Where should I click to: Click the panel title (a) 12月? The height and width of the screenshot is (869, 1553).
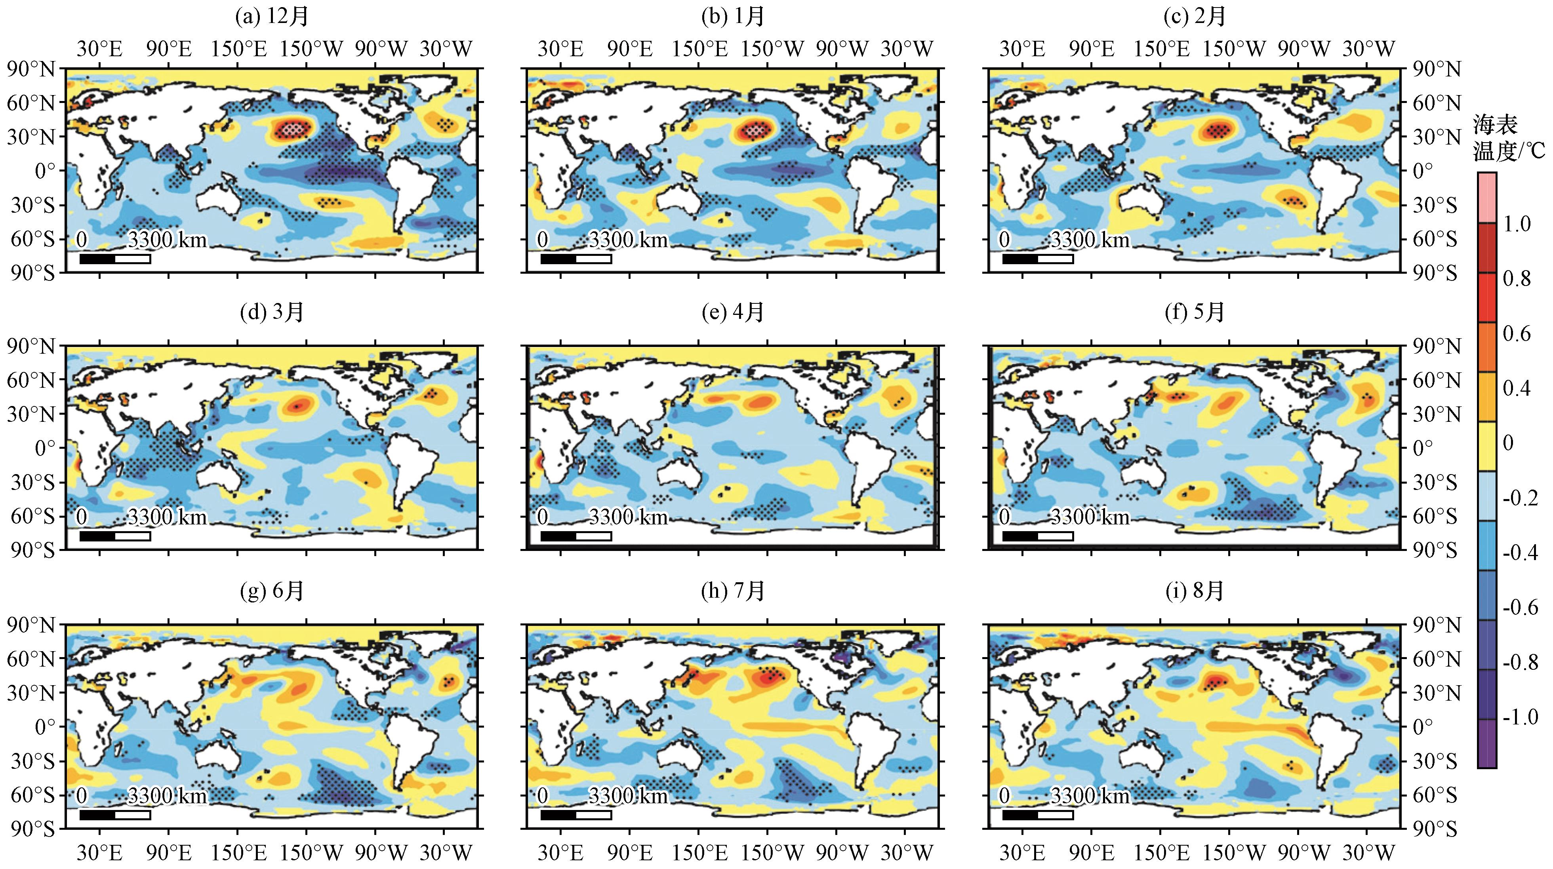[271, 16]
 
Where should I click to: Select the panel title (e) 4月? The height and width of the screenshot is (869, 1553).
[733, 312]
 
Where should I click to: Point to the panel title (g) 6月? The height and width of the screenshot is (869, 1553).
[271, 591]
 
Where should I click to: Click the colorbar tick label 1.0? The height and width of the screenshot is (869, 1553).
[1516, 224]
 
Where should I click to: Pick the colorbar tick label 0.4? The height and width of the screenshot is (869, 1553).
[1516, 388]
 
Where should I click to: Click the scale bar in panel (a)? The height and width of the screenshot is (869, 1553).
[114, 259]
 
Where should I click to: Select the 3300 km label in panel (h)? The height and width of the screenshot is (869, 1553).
[628, 796]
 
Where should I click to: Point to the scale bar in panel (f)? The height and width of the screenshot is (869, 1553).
[1038, 536]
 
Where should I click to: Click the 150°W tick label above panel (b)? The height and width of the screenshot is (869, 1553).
[772, 48]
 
